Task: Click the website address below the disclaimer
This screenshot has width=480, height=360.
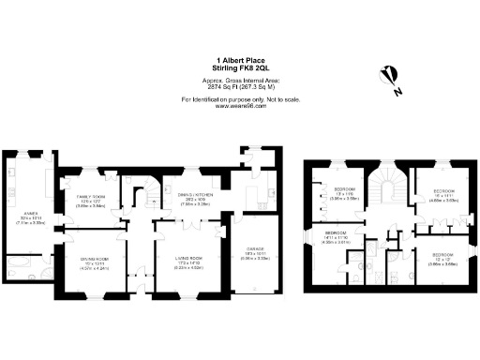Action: pyautogui.click(x=240, y=106)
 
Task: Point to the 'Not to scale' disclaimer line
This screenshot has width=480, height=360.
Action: pyautogui.click(x=240, y=99)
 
